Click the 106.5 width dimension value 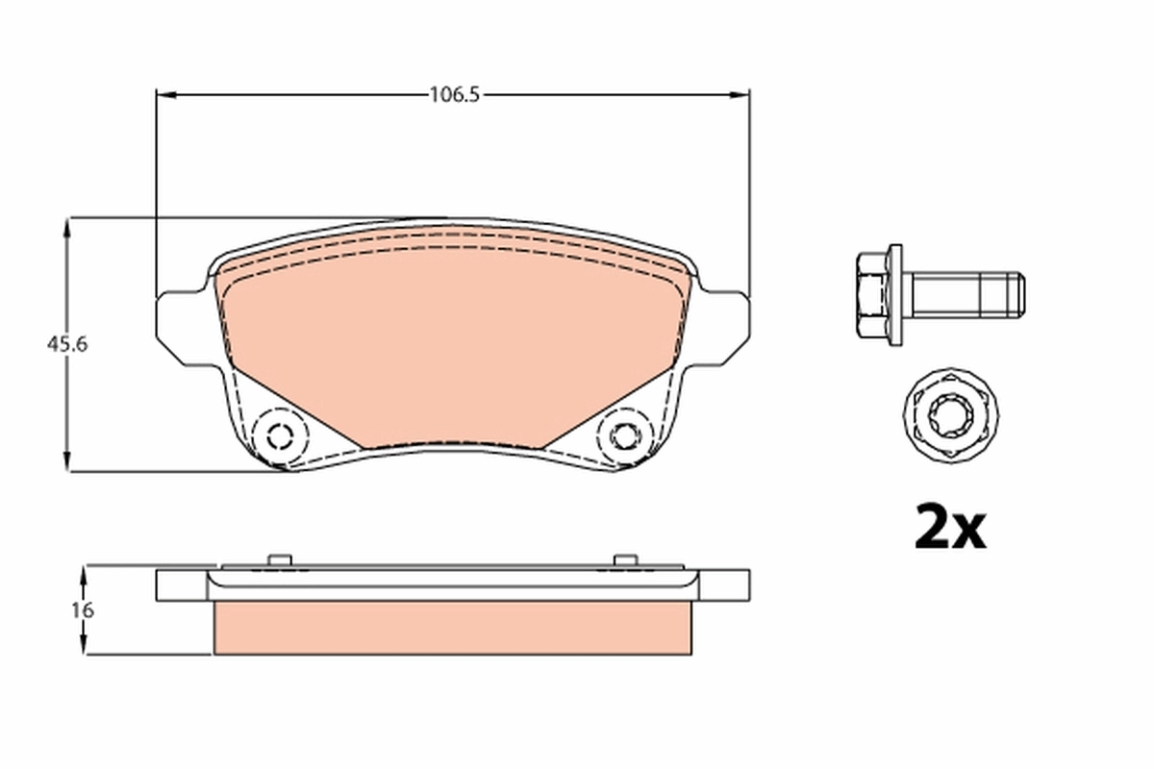point(453,94)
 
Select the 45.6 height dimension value point(68,344)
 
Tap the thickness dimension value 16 point(83,610)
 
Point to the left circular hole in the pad point(280,435)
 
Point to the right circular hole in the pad point(624,435)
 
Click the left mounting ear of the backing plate point(179,327)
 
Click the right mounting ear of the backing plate point(727,327)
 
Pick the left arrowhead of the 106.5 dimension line point(164,94)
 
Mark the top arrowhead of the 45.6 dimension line point(66,227)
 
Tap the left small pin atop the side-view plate point(279,559)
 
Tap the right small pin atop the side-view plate point(624,559)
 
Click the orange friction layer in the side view point(452,629)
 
